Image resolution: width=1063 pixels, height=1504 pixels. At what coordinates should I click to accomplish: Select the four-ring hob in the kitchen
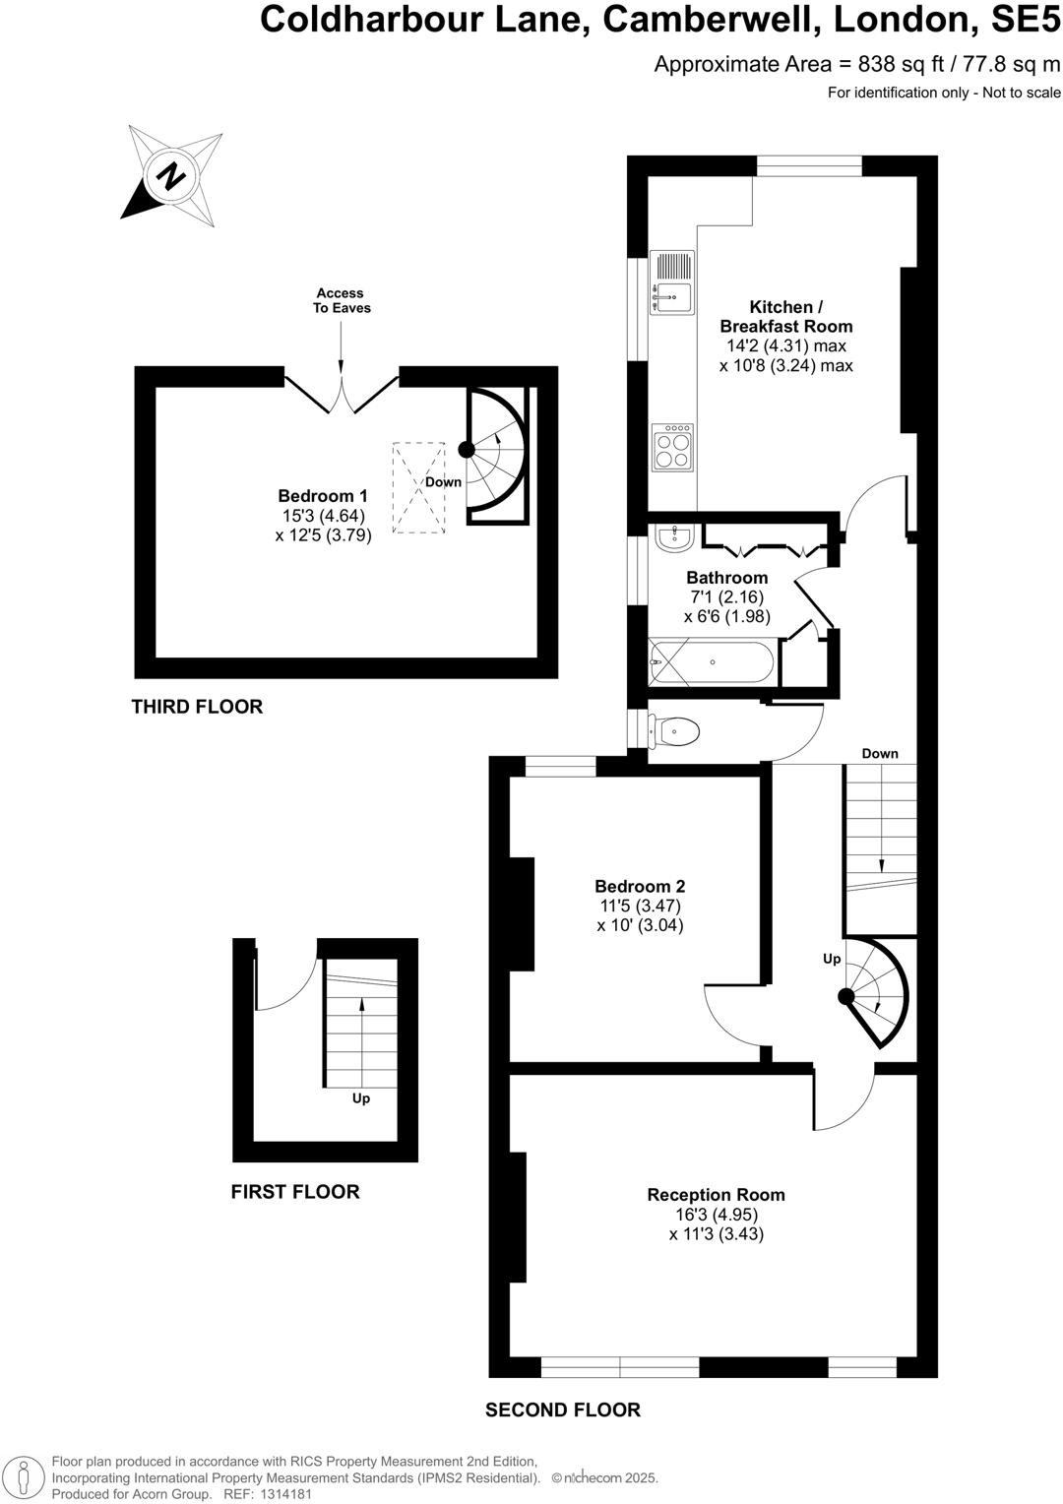pos(673,448)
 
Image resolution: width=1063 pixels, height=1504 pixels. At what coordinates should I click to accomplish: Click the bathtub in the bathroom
pos(713,662)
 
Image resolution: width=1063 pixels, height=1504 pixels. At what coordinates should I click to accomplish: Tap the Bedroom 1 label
pos(323,496)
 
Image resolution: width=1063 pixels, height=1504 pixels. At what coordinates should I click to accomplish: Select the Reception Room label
pos(716,1195)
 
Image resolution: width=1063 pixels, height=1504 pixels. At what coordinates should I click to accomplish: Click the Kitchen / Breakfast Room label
pos(785,317)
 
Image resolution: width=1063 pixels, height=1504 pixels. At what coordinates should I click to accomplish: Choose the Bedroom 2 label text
pos(640,886)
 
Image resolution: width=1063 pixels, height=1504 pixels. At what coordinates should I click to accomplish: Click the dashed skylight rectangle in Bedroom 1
pos(418,488)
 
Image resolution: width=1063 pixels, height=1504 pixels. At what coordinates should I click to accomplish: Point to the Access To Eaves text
pos(341,300)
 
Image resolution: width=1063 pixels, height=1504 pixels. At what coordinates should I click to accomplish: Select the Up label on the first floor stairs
pos(361,1098)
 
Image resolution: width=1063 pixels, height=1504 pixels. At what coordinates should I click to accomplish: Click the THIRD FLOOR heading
pos(197,707)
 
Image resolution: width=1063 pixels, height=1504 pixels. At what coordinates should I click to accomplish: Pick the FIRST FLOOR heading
pos(295,1192)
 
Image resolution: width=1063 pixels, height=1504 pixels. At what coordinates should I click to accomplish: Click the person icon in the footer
pos(26,1477)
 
